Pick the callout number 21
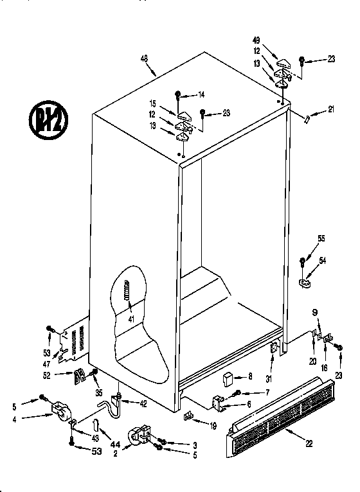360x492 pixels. pyautogui.click(x=331, y=109)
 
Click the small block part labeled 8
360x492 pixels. pyautogui.click(x=228, y=378)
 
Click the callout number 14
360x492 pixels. pyautogui.click(x=201, y=94)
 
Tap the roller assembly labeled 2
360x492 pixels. pyautogui.click(x=139, y=437)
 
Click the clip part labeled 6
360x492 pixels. pyautogui.click(x=217, y=403)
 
